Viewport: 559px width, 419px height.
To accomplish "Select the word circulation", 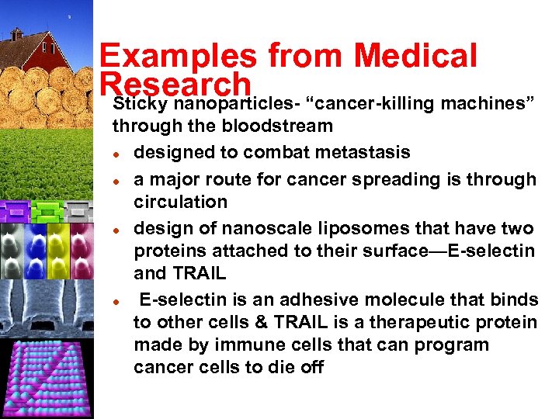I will tap(180, 202).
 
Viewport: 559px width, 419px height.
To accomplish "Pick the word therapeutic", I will tap(429, 322).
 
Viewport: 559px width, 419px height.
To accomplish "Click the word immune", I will tap(252, 345).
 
